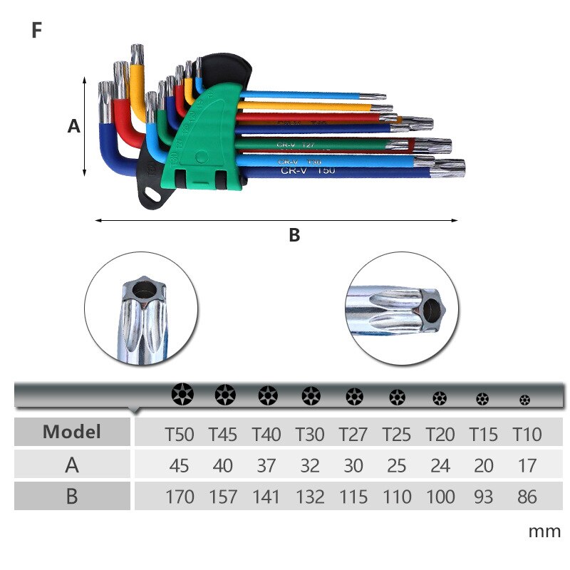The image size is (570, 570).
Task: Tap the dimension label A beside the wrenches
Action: point(73,127)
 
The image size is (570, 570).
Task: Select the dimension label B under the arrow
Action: point(294,235)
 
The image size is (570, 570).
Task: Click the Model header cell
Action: point(72,432)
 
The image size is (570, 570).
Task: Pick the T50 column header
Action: point(180,434)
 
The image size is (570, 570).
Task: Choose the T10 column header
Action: point(527,434)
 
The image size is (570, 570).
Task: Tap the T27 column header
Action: point(353,434)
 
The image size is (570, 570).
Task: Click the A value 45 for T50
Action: point(180,465)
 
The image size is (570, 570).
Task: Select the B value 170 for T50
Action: point(180,496)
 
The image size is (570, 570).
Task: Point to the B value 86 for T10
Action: point(527,496)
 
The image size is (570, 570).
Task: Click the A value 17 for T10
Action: point(527,465)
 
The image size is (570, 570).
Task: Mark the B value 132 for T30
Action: point(310,496)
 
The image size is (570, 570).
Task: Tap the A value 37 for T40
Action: point(266,465)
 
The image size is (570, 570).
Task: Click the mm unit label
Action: point(544,532)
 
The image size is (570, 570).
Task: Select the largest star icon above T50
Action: point(181,394)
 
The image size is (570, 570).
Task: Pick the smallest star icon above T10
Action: point(525,400)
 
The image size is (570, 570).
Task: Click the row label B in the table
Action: point(72,496)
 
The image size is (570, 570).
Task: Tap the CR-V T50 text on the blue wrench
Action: point(307,171)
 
